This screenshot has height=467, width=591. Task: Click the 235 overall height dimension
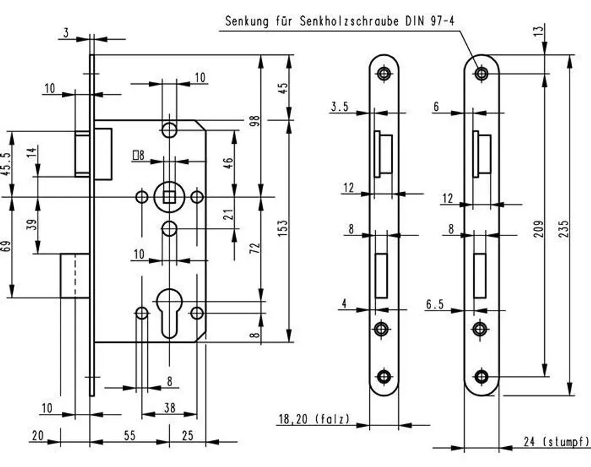(564, 229)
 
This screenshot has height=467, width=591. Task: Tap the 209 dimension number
(540, 229)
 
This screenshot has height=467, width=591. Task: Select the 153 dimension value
(283, 228)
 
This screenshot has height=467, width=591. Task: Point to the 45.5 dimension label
(6, 164)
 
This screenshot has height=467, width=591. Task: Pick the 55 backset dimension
(129, 435)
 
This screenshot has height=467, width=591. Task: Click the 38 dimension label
(170, 408)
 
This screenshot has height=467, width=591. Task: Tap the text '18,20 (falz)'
(314, 419)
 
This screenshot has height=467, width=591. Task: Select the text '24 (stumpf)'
(556, 442)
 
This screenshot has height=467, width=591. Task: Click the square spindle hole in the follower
(169, 196)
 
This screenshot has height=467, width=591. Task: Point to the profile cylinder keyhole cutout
(169, 313)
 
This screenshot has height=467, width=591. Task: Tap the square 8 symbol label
(139, 155)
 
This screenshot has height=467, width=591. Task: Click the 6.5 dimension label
(435, 304)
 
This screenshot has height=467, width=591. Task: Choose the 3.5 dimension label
(339, 107)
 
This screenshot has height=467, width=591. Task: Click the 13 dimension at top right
(540, 30)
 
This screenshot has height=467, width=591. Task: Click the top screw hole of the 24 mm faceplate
(481, 73)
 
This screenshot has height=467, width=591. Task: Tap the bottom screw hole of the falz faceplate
(384, 376)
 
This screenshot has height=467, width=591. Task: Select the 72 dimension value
(256, 248)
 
